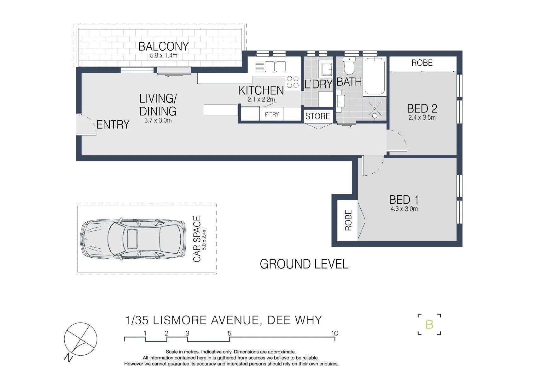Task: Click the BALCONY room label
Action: point(164,46)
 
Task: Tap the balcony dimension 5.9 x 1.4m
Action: point(164,56)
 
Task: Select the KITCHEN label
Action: point(261,90)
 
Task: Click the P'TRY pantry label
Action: point(272,114)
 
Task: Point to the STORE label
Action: point(318,116)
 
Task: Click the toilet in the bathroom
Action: point(349,66)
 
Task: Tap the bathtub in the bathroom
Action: point(375,76)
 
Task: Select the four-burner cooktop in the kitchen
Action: point(293,82)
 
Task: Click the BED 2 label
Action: point(422,108)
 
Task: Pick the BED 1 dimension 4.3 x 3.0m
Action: point(404,209)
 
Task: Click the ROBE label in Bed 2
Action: point(422,63)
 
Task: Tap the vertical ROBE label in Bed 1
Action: point(348,220)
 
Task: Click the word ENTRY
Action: point(113,124)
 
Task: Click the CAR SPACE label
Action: point(197,239)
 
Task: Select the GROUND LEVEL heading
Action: point(304,264)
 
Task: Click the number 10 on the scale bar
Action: point(334,333)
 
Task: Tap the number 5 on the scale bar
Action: point(230,333)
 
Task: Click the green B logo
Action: point(429,325)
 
